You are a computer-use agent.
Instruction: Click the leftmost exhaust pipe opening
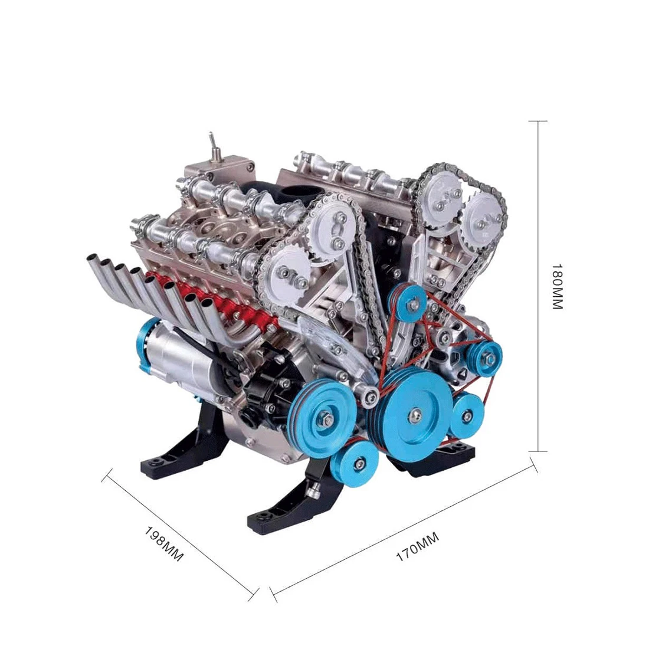pos(93,258)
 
